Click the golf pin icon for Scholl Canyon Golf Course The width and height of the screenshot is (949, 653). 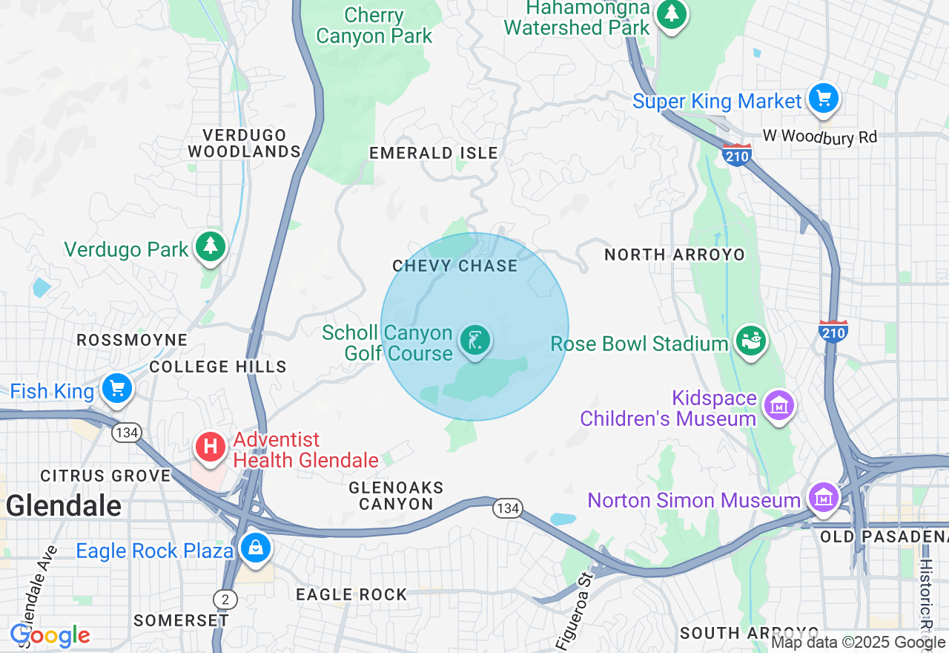click(475, 341)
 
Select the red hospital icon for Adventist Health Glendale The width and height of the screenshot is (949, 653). click(211, 447)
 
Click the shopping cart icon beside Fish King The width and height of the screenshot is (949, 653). click(116, 388)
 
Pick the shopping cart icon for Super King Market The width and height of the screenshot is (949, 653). click(823, 98)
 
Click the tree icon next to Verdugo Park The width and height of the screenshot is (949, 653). click(211, 246)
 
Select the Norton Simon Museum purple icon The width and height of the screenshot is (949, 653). click(822, 498)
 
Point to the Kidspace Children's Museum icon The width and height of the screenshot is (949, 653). click(778, 406)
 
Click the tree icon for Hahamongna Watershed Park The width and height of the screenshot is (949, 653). click(672, 13)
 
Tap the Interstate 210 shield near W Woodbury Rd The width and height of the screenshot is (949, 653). click(736, 154)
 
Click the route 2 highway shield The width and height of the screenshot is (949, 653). click(225, 598)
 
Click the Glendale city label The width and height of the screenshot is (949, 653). click(64, 506)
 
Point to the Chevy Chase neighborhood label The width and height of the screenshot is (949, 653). click(455, 266)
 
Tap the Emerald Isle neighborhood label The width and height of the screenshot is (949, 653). click(434, 153)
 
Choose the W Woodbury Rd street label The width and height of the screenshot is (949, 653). click(820, 137)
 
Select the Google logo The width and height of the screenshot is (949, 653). click(50, 636)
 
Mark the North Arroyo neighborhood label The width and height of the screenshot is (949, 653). click(674, 255)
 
